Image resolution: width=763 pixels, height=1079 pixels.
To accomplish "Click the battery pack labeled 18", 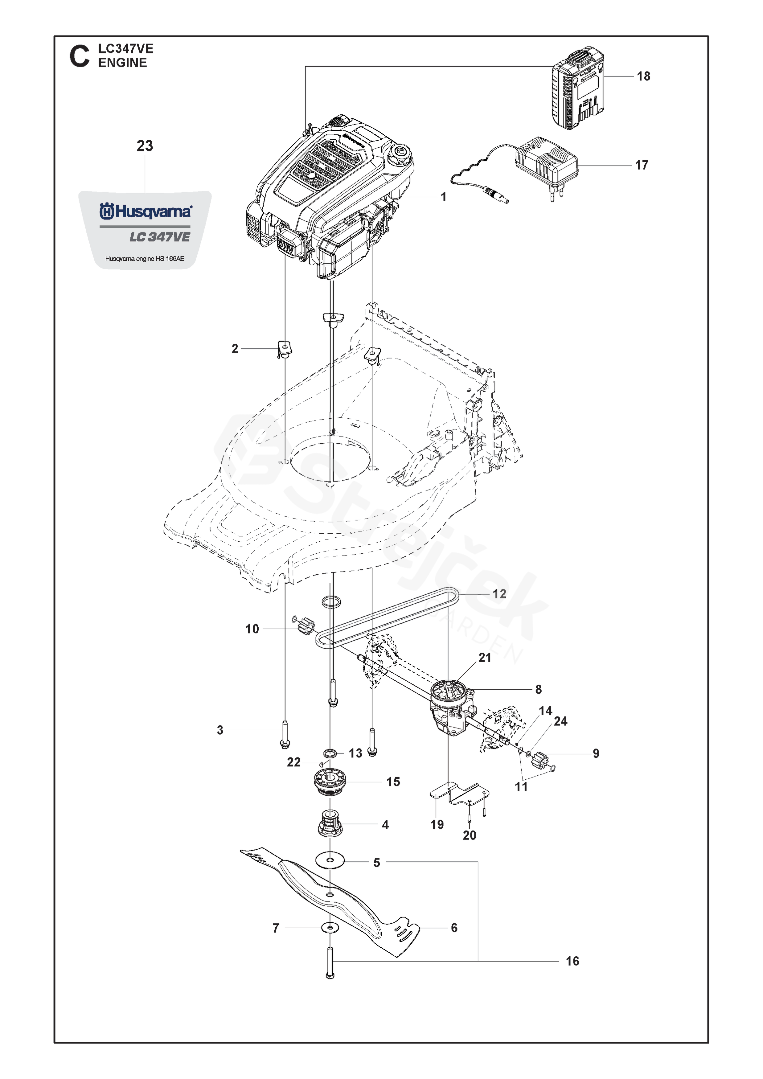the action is [x=577, y=88].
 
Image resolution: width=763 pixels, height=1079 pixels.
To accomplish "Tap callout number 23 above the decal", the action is [x=145, y=146].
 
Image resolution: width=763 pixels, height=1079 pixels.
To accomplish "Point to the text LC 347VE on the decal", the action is [x=160, y=237].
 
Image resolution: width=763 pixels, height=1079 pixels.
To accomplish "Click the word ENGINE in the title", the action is [x=123, y=63].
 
